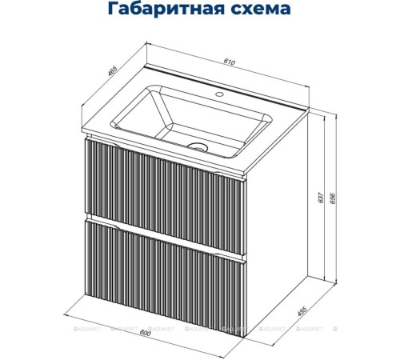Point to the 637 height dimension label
pyautogui.click(x=321, y=196)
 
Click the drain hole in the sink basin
pyautogui.click(x=198, y=146)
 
